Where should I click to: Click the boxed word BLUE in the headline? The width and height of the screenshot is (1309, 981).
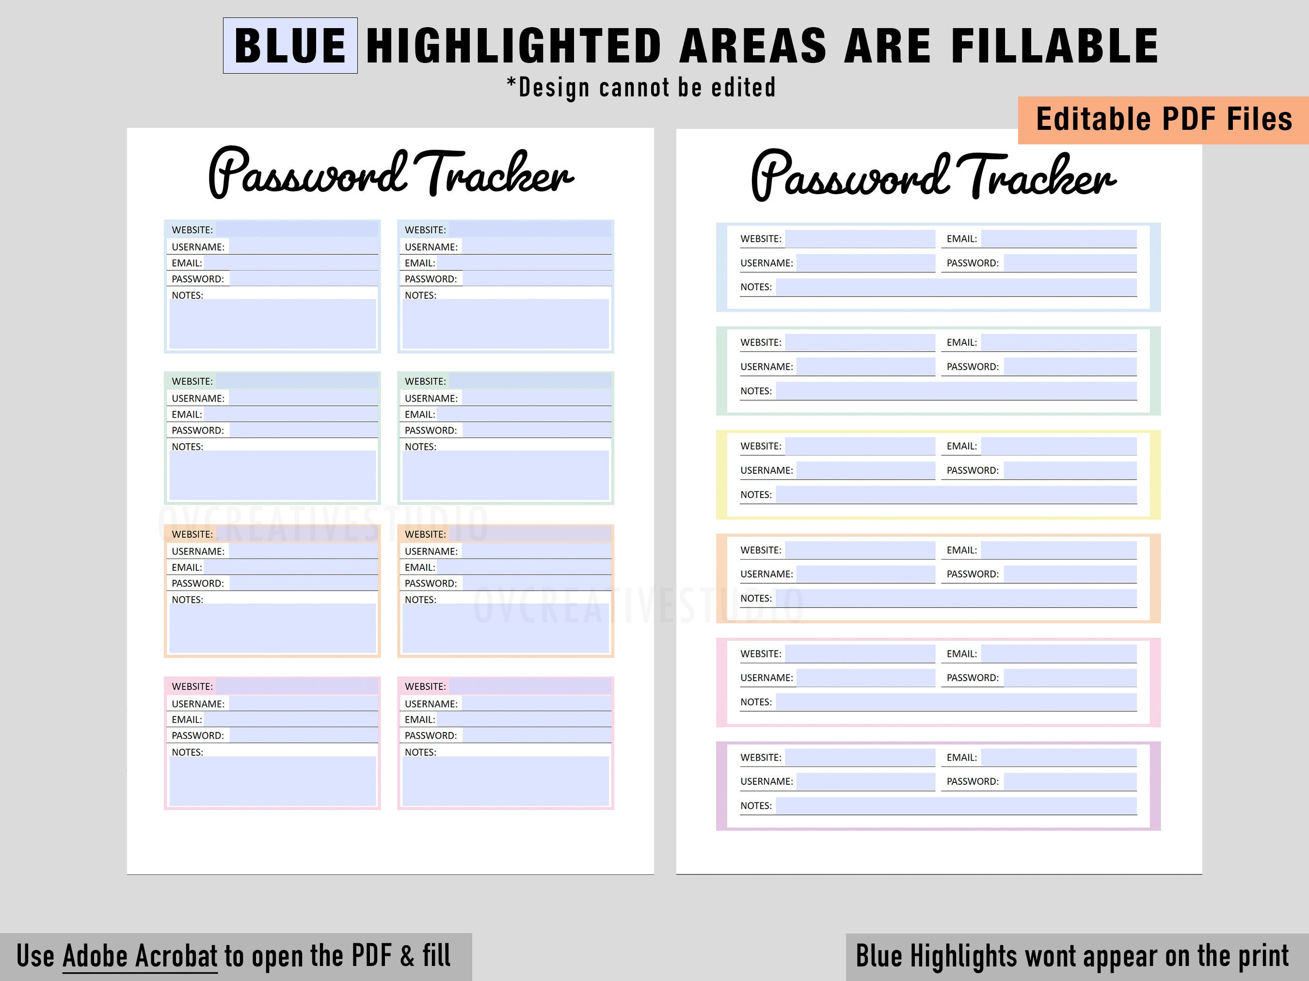290,46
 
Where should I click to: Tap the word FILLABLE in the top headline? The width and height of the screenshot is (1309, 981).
1054,46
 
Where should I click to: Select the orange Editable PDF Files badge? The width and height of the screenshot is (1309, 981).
1164,120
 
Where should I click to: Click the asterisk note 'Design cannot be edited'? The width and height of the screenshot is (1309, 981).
641,88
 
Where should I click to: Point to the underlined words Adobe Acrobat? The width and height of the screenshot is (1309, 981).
140,956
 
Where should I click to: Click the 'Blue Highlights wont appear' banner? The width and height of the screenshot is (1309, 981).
1072,956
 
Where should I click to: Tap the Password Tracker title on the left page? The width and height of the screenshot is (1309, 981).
391,173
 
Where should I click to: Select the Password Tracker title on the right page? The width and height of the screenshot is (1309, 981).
933,176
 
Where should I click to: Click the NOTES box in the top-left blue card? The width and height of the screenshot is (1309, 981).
273,324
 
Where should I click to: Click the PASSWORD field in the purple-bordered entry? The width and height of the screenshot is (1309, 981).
1070,781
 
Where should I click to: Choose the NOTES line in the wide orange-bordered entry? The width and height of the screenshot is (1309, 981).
956,598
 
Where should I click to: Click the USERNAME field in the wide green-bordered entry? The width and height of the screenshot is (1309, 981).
865,367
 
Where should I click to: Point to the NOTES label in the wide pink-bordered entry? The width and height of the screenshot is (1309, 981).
756,702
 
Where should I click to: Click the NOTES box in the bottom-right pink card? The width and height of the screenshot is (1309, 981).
505,780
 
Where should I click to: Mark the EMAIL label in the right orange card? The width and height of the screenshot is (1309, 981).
419,568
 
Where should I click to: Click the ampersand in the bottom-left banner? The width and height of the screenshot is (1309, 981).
407,956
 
